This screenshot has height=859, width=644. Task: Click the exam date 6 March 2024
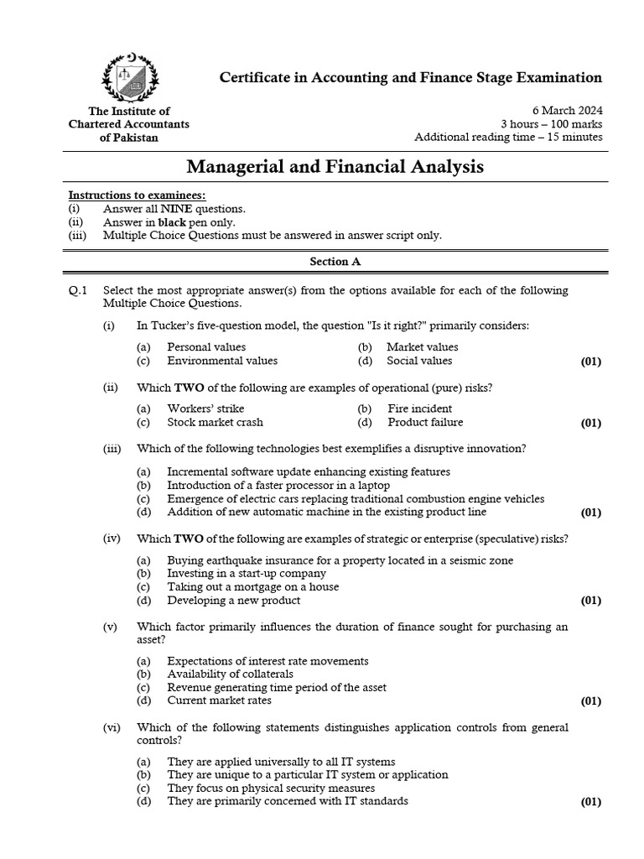567,111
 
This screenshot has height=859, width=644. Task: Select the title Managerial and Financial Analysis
334,167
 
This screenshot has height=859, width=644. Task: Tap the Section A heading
335,261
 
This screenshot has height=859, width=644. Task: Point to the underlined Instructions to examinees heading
136,195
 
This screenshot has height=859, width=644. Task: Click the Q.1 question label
78,290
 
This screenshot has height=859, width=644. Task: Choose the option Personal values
206,346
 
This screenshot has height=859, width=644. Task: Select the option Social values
418,361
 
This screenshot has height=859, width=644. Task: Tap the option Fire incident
419,409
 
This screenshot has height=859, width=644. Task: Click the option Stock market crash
215,422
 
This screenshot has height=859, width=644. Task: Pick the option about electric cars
356,498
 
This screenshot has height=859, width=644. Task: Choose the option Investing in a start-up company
247,574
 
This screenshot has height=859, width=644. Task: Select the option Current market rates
219,700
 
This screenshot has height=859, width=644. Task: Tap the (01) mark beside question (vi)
590,802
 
